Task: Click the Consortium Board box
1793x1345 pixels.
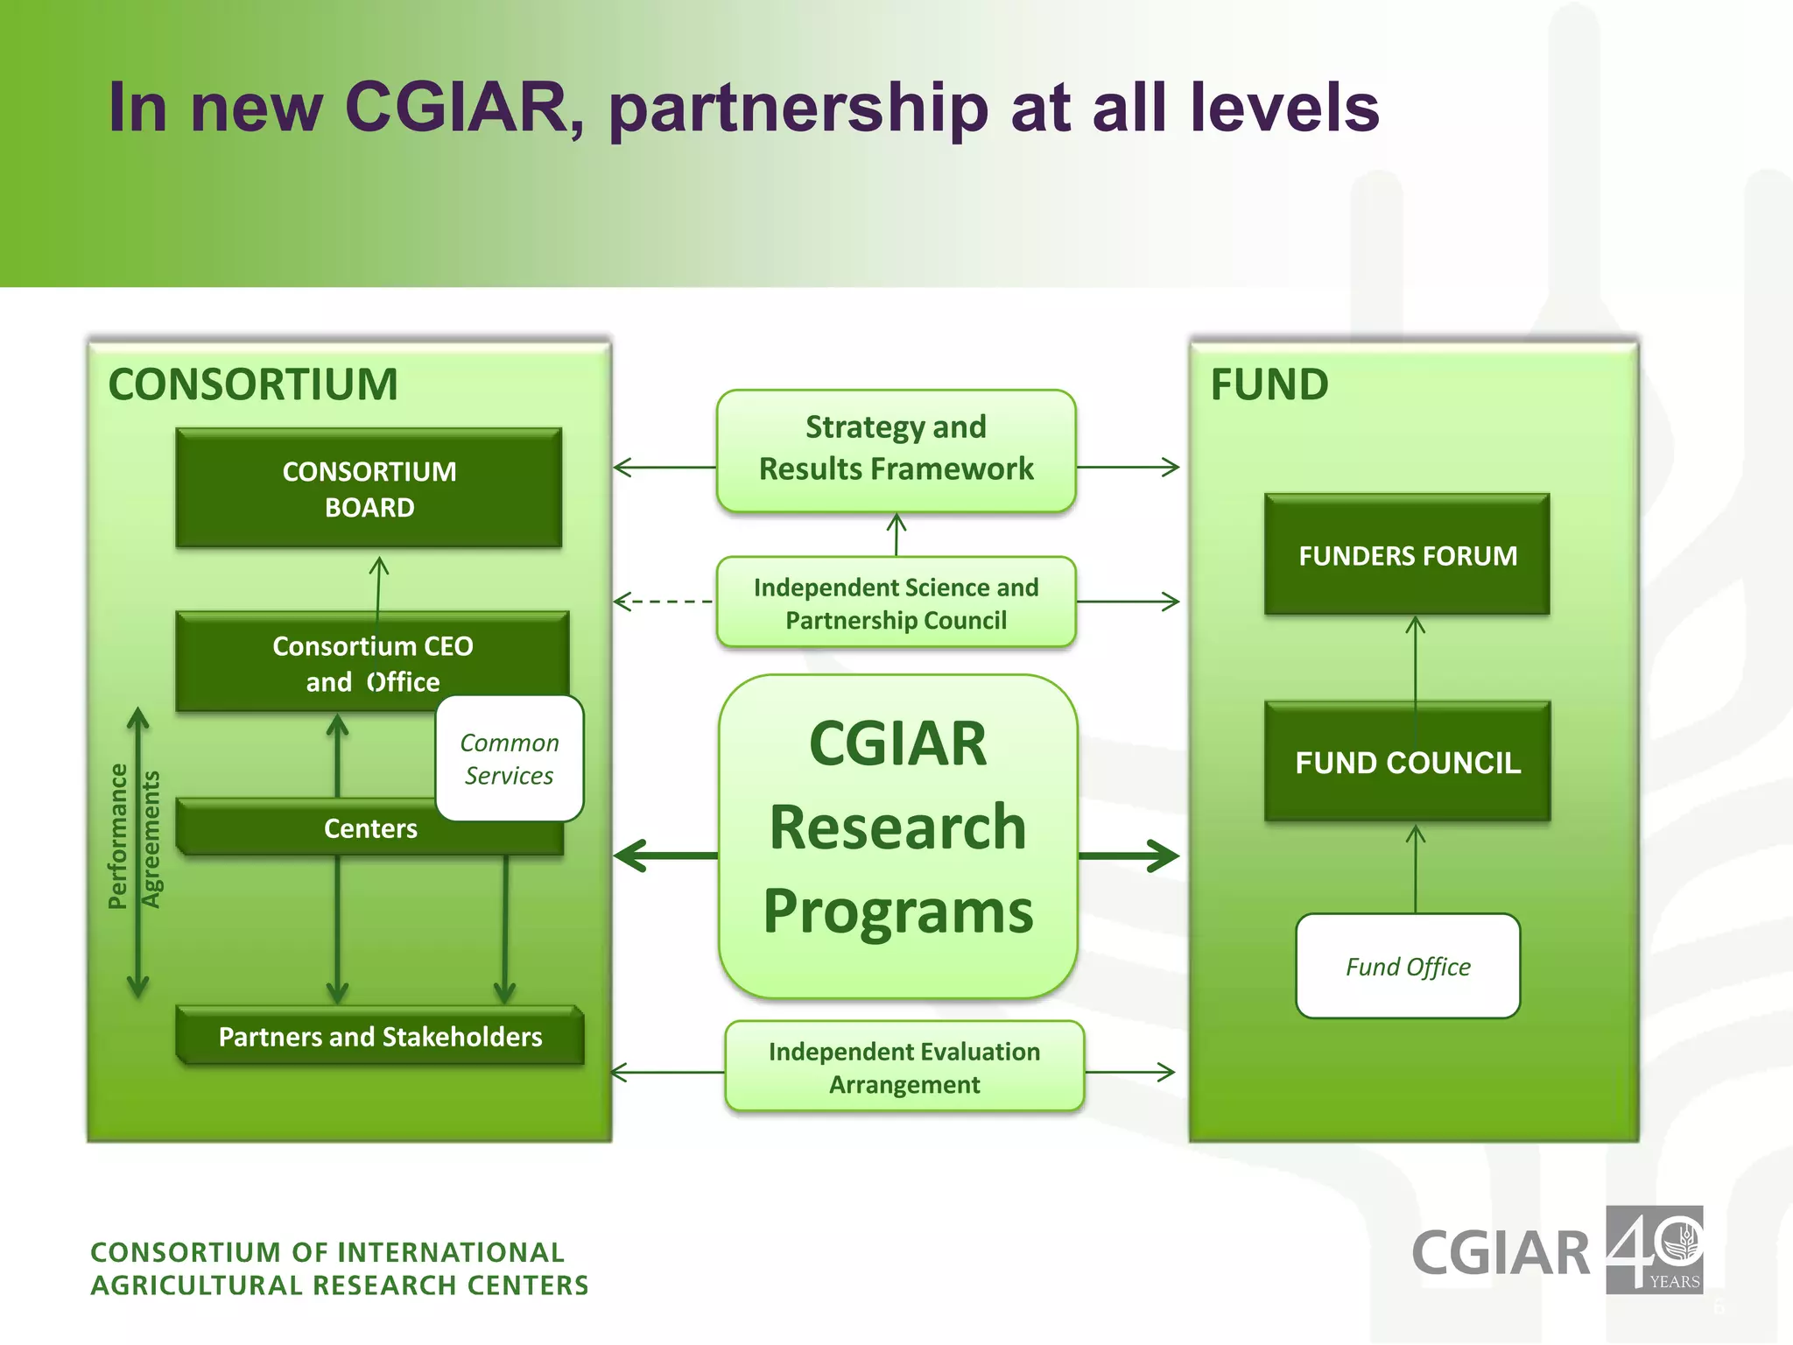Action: pyautogui.click(x=369, y=489)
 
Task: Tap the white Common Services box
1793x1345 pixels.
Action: pyautogui.click(x=510, y=759)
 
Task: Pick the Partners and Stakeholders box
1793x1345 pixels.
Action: pyautogui.click(x=380, y=1037)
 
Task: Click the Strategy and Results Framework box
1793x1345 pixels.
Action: pyautogui.click(x=896, y=449)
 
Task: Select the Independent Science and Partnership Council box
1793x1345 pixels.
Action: pyautogui.click(x=896, y=603)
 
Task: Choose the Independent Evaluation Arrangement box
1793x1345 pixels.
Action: pyautogui.click(x=904, y=1067)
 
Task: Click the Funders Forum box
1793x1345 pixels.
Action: pyautogui.click(x=1407, y=556)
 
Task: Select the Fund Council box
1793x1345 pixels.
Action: pyautogui.click(x=1407, y=763)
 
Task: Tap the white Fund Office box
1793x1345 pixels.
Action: pyautogui.click(x=1407, y=967)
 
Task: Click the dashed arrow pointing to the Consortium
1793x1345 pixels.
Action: pyautogui.click(x=664, y=602)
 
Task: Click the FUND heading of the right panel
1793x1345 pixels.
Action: pyautogui.click(x=1269, y=385)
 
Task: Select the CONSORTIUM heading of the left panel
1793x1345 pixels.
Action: pyautogui.click(x=253, y=385)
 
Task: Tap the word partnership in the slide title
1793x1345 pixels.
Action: pyautogui.click(x=798, y=109)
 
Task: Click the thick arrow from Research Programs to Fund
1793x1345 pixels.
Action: pyautogui.click(x=1129, y=856)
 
